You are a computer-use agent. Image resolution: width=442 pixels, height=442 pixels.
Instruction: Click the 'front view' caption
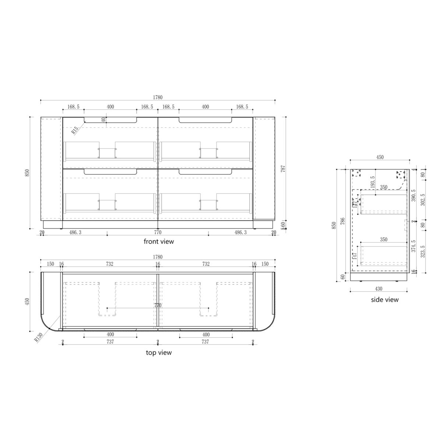pos(158,242)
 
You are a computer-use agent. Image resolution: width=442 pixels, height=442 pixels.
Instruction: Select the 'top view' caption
pos(158,352)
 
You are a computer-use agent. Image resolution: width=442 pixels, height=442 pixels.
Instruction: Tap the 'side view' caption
pos(385,299)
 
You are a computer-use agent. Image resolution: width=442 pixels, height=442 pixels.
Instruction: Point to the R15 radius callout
pos(75,129)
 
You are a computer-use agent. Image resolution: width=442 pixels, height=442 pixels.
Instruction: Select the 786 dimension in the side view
pos(343,221)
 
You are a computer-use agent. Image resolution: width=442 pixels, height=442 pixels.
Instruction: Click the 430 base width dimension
pos(379,288)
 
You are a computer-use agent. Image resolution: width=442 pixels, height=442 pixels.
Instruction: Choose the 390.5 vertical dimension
pos(413,196)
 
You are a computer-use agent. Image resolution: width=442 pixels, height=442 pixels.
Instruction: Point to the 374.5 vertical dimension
pos(413,246)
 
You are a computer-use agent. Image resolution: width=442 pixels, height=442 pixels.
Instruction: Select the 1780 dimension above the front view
pos(158,98)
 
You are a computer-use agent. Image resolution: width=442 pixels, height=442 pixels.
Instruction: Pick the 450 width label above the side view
pos(380,157)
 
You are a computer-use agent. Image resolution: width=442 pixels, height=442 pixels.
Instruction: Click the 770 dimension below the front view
pos(158,232)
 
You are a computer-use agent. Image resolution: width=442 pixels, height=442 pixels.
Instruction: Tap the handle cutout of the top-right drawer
pos(205,120)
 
